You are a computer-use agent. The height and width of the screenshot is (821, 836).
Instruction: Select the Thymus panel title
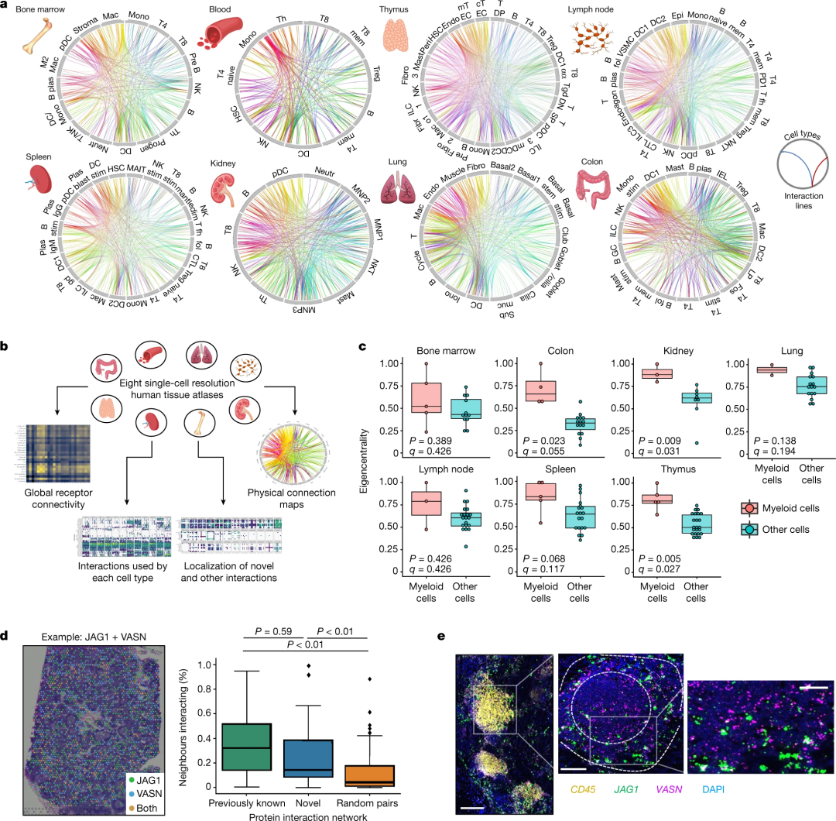(398, 9)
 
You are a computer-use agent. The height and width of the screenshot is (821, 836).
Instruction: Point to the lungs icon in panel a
(399, 187)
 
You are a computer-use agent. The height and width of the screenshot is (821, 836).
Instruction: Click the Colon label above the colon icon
(595, 162)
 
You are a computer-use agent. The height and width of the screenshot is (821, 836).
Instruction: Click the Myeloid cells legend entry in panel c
(789, 508)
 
